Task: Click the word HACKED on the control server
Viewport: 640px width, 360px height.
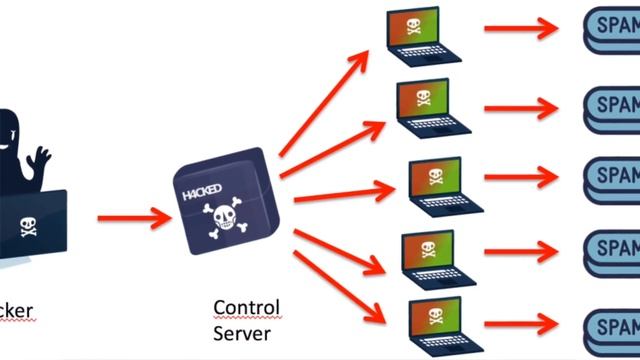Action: pyautogui.click(x=203, y=189)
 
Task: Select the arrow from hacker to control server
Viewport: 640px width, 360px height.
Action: pyautogui.click(x=134, y=217)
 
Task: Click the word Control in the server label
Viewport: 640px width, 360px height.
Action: pyautogui.click(x=247, y=307)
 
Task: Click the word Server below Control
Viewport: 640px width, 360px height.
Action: pyautogui.click(x=242, y=331)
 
